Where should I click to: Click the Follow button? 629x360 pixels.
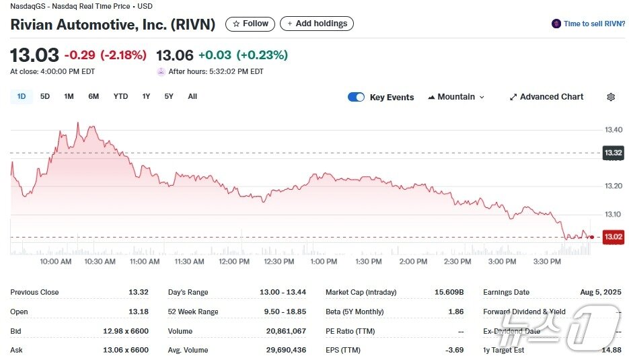coord(250,24)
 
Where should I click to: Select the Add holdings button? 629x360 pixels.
coord(316,24)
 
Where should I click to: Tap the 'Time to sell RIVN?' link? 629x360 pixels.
coord(589,24)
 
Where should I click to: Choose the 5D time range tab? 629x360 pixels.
coord(45,96)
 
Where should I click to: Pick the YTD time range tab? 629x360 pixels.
coord(120,96)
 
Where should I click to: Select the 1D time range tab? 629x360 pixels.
coord(22,96)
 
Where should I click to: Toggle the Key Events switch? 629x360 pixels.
coord(356,97)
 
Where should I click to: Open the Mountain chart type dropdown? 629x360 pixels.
coord(456,97)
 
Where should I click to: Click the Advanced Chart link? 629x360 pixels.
coord(546,97)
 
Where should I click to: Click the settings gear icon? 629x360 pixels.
coord(611,97)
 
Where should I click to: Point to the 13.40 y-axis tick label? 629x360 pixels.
coord(613,129)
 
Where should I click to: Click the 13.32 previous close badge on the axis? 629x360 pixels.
coord(613,153)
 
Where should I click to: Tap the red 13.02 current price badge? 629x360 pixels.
coord(613,237)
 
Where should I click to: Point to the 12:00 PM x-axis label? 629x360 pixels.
coord(234,261)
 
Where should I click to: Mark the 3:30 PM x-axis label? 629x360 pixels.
coord(547,261)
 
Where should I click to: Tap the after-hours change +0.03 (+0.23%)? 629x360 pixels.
coord(243,55)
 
